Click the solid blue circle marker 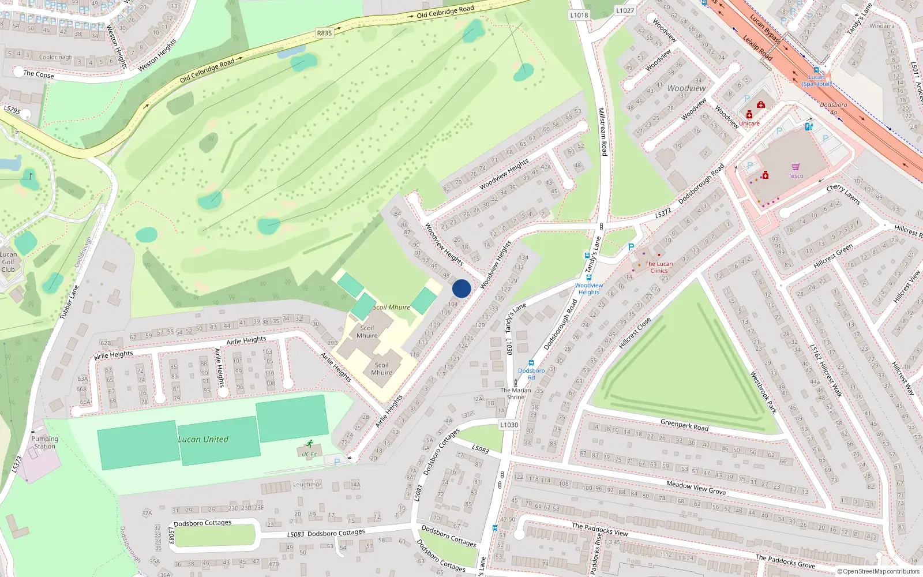tap(461, 288)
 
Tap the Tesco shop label tap(796, 176)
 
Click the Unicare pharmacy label tap(749, 123)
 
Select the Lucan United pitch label tap(203, 439)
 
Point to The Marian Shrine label tap(515, 394)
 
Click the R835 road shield tap(324, 33)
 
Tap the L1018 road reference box tap(579, 15)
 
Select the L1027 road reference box tap(625, 10)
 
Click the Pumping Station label tap(44, 443)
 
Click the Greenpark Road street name tap(684, 426)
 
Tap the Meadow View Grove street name tap(696, 488)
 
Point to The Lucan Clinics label tap(659, 267)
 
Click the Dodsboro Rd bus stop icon tap(531, 363)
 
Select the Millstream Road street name tap(602, 132)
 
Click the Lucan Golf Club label tap(8, 261)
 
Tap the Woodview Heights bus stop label tap(588, 288)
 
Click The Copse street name tap(39, 74)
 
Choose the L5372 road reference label tap(663, 213)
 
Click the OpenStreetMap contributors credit tap(878, 571)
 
